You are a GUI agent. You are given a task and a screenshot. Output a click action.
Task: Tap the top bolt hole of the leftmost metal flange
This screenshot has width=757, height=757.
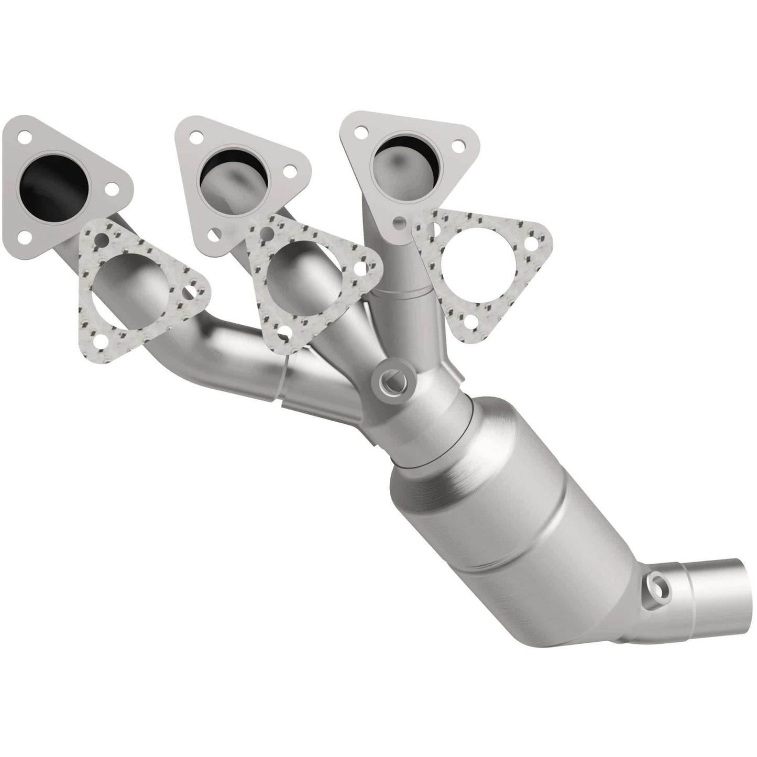click(24, 138)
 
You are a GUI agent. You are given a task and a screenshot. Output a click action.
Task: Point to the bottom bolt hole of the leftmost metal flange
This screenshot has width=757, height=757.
click(23, 238)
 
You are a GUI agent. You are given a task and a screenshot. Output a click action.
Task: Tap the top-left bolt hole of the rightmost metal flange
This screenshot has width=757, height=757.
click(360, 132)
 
